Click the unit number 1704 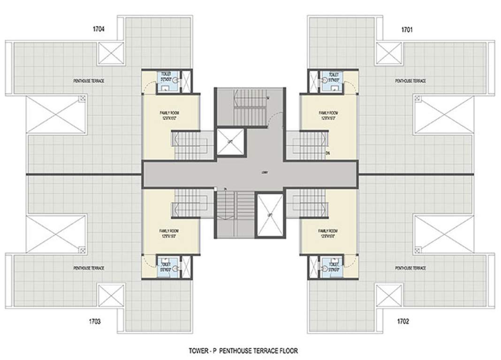coord(99,29)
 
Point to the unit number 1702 coord(402,322)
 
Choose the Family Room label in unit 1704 coord(169,115)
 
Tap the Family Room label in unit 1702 coord(328,233)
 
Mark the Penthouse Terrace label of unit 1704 coord(89,81)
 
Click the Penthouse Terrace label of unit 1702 coord(410,268)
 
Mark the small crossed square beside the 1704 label coord(111,53)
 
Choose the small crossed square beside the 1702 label coord(388,295)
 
